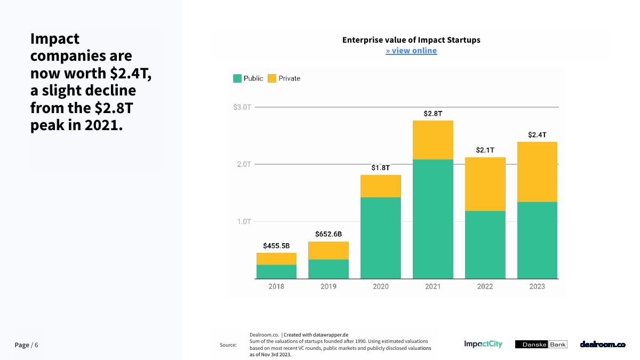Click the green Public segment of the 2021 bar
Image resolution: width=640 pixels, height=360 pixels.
[433, 219]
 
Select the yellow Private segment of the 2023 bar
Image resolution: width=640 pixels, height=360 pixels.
[537, 172]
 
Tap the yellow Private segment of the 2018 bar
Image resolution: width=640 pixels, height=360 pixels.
[276, 259]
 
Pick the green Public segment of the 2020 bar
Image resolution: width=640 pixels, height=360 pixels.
[381, 238]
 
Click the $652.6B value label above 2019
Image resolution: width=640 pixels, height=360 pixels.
[329, 234]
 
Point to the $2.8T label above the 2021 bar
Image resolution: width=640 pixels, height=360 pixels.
[433, 114]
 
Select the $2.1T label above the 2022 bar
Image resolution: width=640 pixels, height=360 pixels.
[485, 150]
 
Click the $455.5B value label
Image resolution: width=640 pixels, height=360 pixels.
[276, 246]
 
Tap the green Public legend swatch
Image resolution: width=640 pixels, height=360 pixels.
[237, 78]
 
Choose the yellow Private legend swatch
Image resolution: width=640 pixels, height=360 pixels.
[272, 78]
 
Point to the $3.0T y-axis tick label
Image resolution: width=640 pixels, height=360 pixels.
[242, 107]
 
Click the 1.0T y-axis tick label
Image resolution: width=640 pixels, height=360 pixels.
[244, 221]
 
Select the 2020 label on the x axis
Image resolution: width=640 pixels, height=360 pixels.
[381, 286]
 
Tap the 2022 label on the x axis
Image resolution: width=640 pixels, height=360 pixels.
[485, 286]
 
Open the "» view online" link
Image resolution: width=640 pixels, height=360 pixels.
[411, 51]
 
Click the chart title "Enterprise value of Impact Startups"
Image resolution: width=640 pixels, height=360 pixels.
[411, 40]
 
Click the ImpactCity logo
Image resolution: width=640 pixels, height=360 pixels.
[483, 344]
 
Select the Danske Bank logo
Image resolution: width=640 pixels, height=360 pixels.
[541, 345]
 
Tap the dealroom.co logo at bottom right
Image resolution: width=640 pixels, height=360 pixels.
[603, 345]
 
